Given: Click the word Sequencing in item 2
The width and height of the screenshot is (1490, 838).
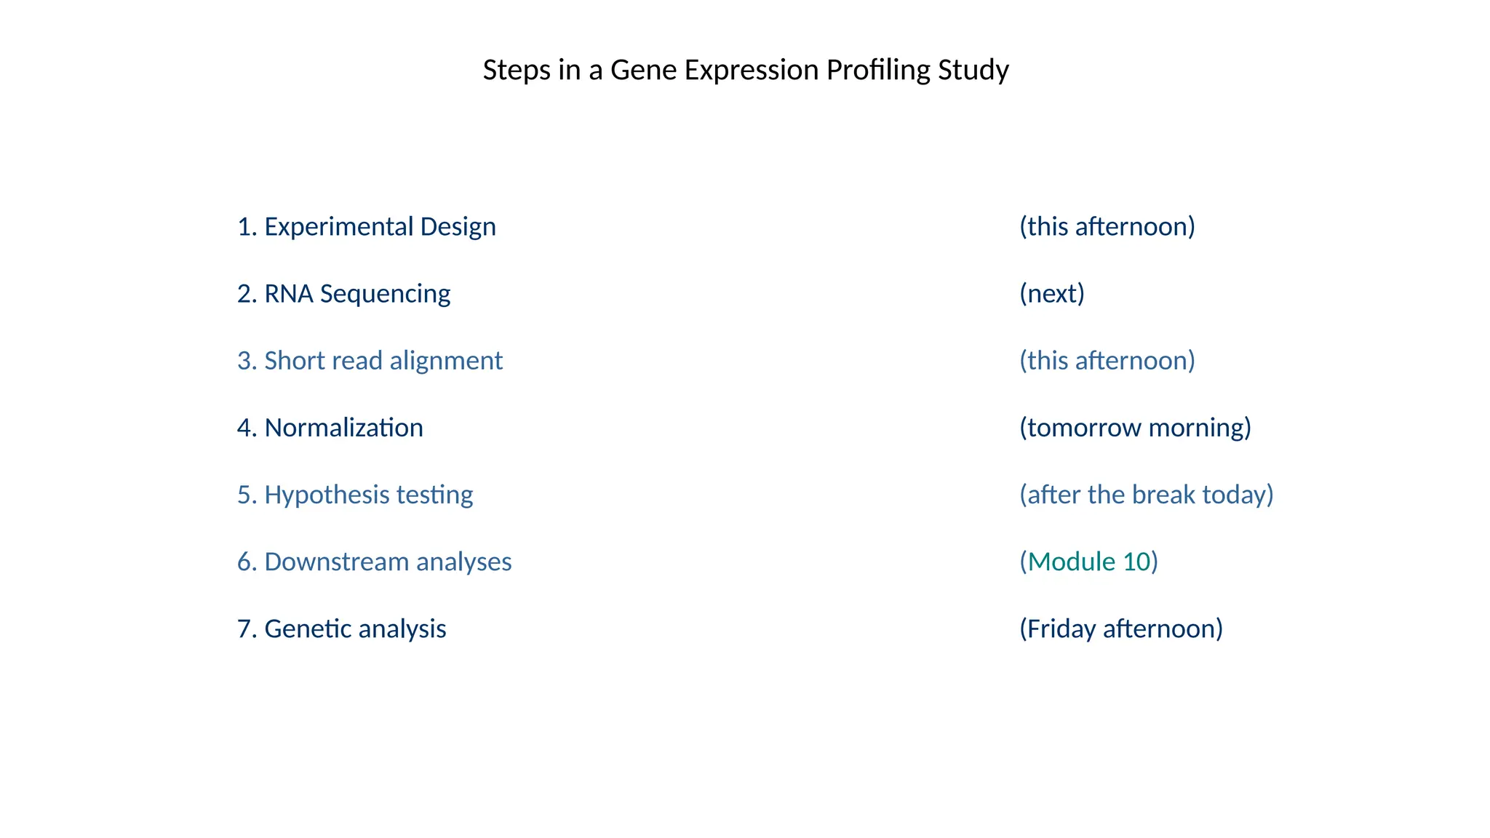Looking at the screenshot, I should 385,294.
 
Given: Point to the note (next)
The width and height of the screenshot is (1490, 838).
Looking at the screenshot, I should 1051,294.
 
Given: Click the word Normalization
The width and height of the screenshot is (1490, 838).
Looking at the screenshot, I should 343,428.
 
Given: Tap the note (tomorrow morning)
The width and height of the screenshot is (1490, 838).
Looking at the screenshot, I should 1134,428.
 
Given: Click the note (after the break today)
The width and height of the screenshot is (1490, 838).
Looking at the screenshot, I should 1146,495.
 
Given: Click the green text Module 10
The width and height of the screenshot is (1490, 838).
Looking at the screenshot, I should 1088,562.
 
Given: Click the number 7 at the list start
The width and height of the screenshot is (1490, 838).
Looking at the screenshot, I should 244,629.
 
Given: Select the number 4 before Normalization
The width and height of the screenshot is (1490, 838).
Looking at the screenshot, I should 244,428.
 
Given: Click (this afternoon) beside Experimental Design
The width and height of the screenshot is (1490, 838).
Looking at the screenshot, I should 1107,227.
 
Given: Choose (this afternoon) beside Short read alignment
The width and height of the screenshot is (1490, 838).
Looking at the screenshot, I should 1107,361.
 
